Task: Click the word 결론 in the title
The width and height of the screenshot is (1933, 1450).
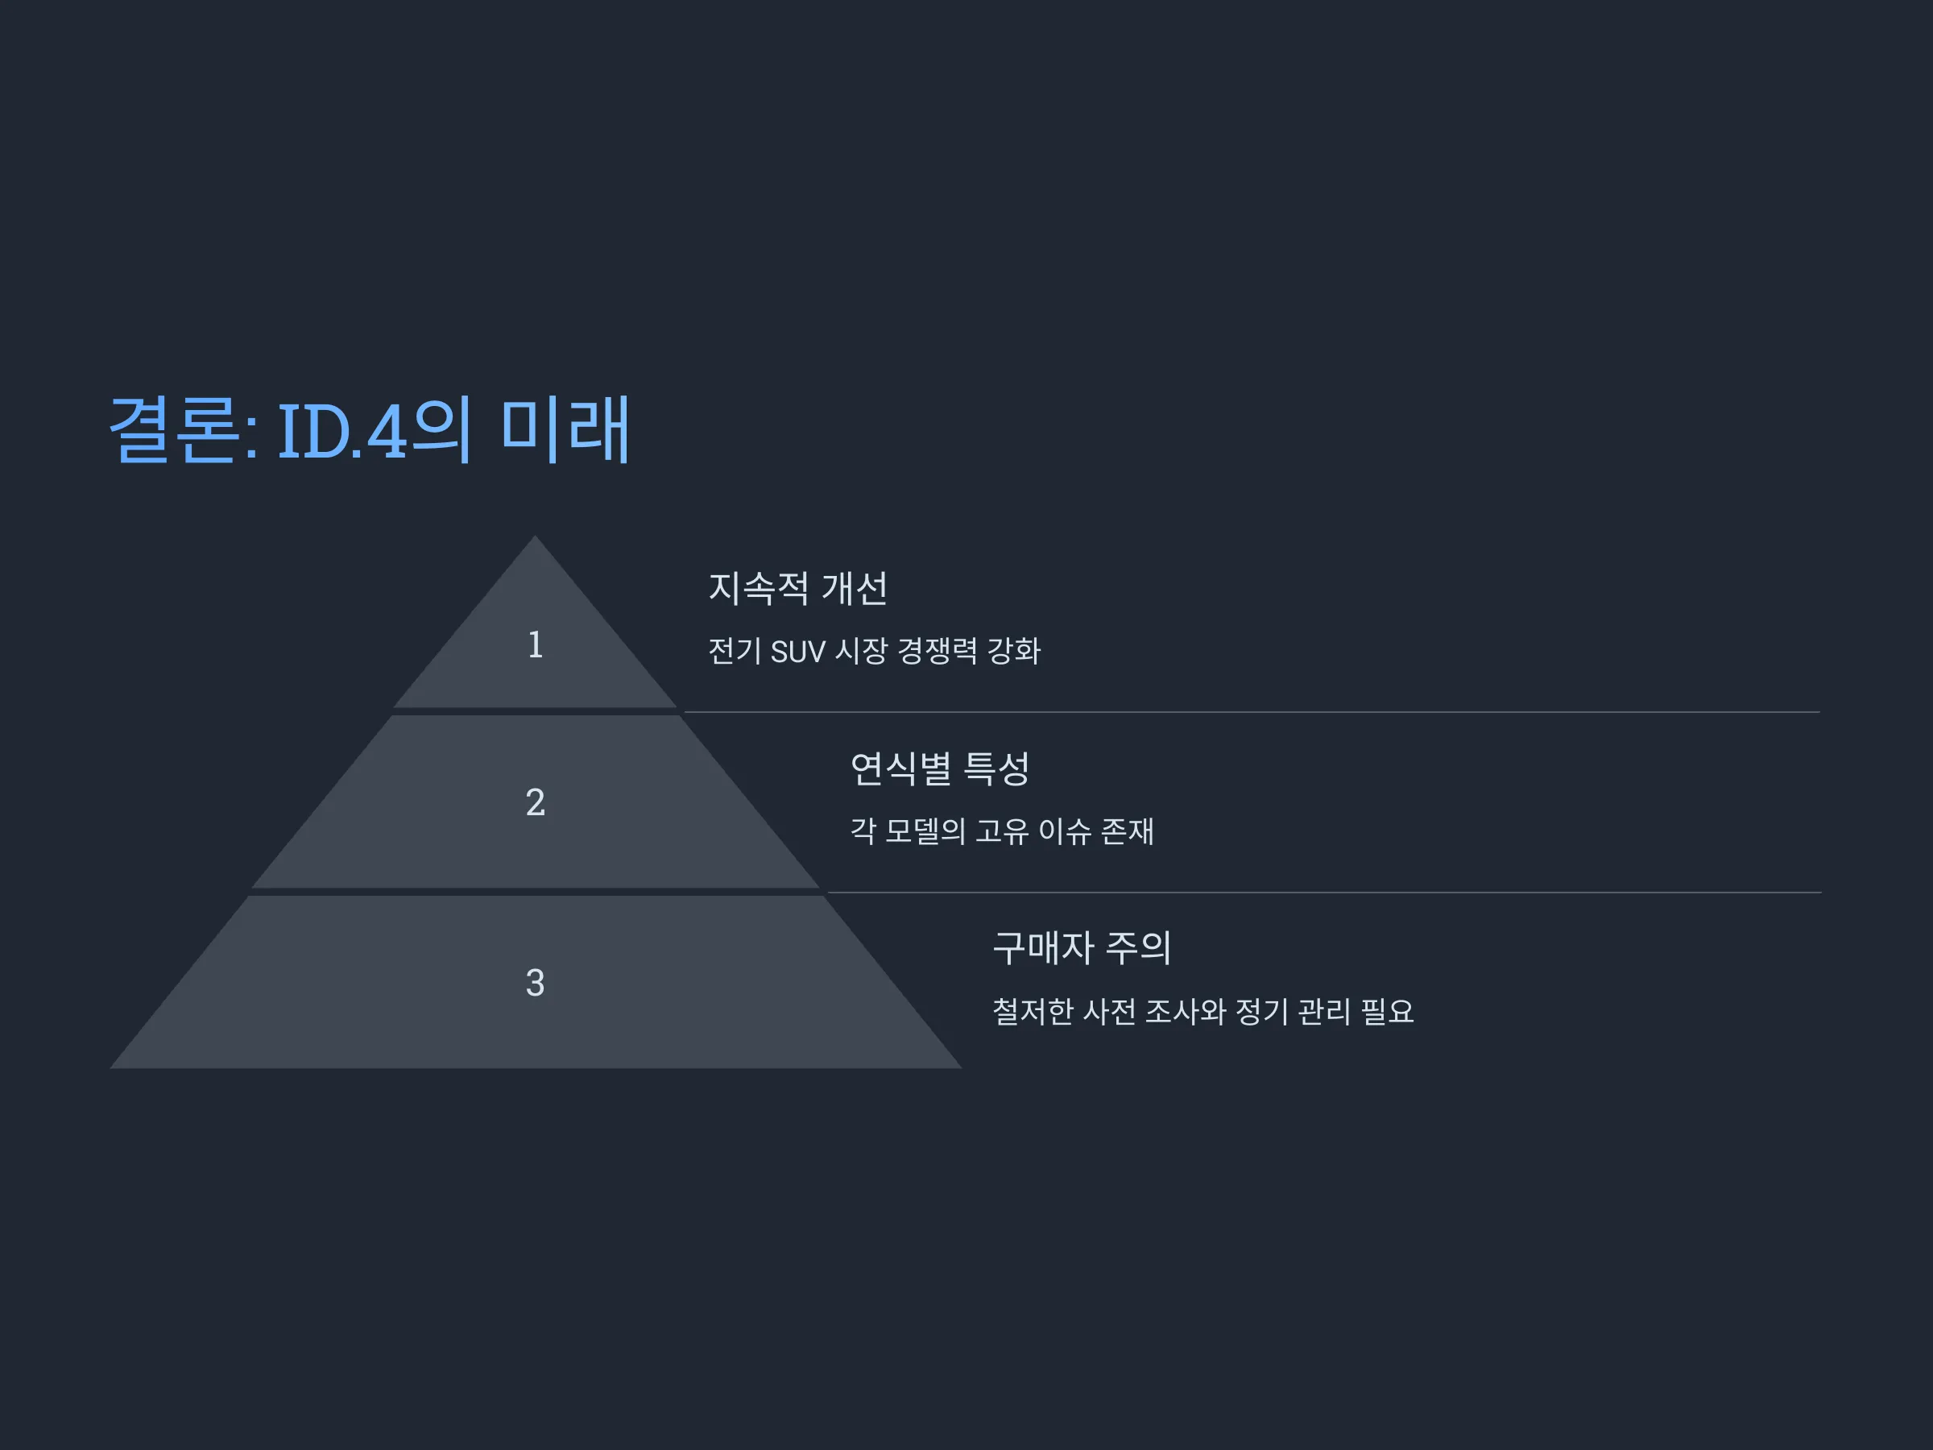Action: point(175,429)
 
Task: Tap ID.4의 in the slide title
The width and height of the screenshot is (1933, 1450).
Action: point(375,429)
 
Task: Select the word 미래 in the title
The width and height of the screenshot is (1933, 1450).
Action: point(565,429)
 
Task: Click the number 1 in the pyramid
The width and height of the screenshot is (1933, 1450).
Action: point(536,645)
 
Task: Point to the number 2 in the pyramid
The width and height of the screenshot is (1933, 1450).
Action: point(536,802)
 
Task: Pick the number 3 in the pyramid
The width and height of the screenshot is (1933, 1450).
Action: point(536,983)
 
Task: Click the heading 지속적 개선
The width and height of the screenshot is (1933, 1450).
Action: point(798,587)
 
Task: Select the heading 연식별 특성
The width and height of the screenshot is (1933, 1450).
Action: point(940,768)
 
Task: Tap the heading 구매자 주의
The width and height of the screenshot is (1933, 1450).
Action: point(1082,947)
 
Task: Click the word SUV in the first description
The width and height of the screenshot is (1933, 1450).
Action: point(798,651)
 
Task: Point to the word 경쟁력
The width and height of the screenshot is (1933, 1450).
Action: point(938,651)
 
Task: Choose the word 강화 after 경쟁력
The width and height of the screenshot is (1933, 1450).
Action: point(1014,651)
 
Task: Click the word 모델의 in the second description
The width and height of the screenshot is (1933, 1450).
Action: point(925,831)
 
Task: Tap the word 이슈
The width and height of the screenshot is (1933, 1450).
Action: point(1066,831)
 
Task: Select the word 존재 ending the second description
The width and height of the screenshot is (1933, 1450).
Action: point(1128,831)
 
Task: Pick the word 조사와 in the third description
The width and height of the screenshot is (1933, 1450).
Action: point(1186,1011)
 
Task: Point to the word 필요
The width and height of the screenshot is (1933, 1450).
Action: point(1388,1011)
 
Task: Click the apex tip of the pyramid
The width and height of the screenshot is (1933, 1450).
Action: point(536,536)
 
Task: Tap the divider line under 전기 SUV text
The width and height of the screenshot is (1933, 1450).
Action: point(1252,712)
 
